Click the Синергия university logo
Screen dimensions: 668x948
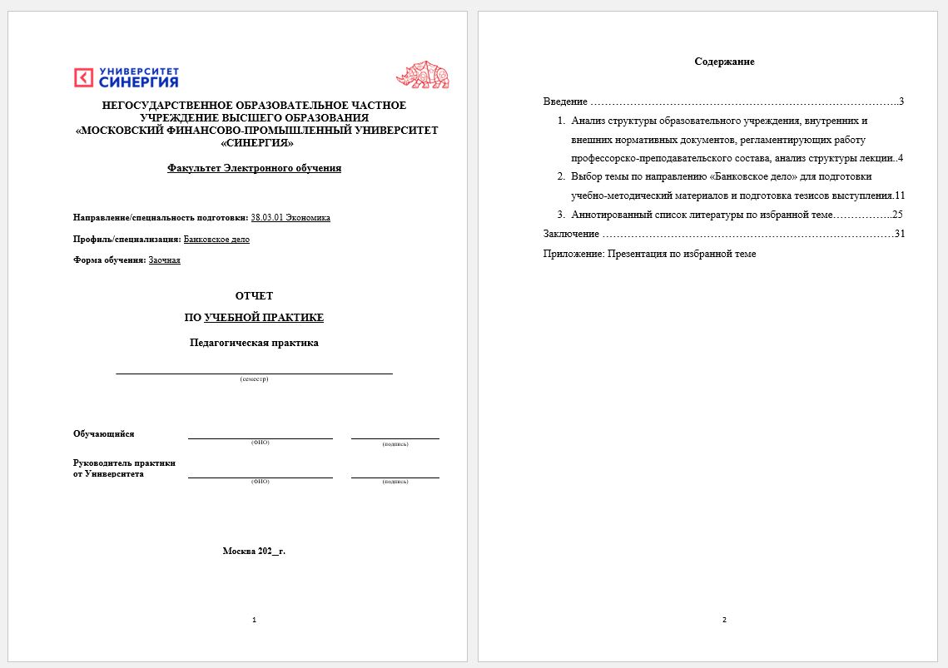pos(126,77)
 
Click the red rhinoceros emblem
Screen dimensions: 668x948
pos(422,75)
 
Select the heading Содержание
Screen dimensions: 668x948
pos(724,62)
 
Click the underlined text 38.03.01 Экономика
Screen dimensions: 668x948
pos(290,218)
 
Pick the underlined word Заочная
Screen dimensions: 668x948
pos(164,260)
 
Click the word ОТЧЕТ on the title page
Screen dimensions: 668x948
pos(254,296)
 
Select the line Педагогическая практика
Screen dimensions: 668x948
pos(254,343)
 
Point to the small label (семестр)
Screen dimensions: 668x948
pos(254,379)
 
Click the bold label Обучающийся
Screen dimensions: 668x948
pos(104,434)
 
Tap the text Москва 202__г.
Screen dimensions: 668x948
pos(254,551)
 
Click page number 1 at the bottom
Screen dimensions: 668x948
pos(254,620)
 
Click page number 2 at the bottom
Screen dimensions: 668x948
pos(724,620)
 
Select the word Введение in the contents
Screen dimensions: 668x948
pos(565,101)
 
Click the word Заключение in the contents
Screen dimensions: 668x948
pos(571,234)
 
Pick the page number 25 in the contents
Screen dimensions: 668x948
pos(897,215)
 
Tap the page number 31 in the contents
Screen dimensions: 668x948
pos(899,234)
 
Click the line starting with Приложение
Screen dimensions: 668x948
pos(649,254)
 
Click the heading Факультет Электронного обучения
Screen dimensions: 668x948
pos(254,168)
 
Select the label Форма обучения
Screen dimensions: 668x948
pos(109,260)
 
